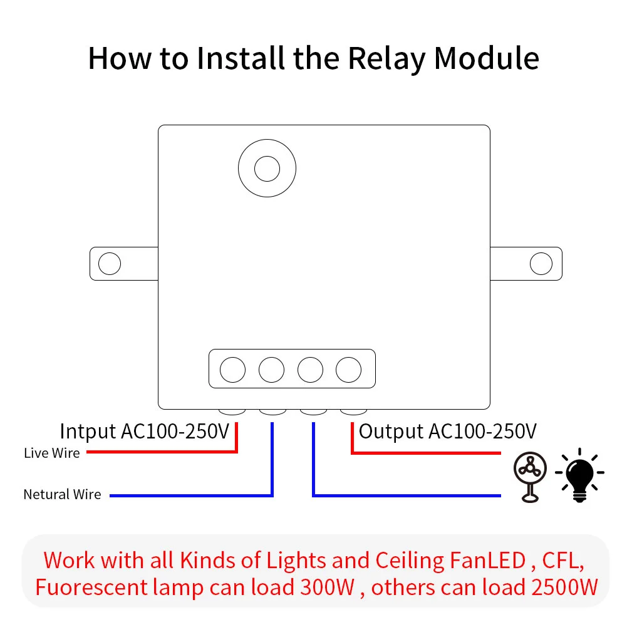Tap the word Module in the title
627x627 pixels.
click(486, 58)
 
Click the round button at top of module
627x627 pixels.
click(267, 167)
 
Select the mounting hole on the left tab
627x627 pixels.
click(110, 264)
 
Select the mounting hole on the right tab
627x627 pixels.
click(541, 264)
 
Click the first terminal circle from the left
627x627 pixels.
click(232, 370)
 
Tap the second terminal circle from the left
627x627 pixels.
click(271, 370)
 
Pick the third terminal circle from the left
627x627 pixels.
click(310, 370)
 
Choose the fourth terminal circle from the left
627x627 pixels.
click(349, 370)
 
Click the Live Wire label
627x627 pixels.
click(52, 453)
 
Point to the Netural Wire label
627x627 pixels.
click(62, 495)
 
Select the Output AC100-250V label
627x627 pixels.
click(447, 432)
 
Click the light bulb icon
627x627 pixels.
click(579, 475)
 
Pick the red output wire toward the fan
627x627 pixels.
click(426, 452)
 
